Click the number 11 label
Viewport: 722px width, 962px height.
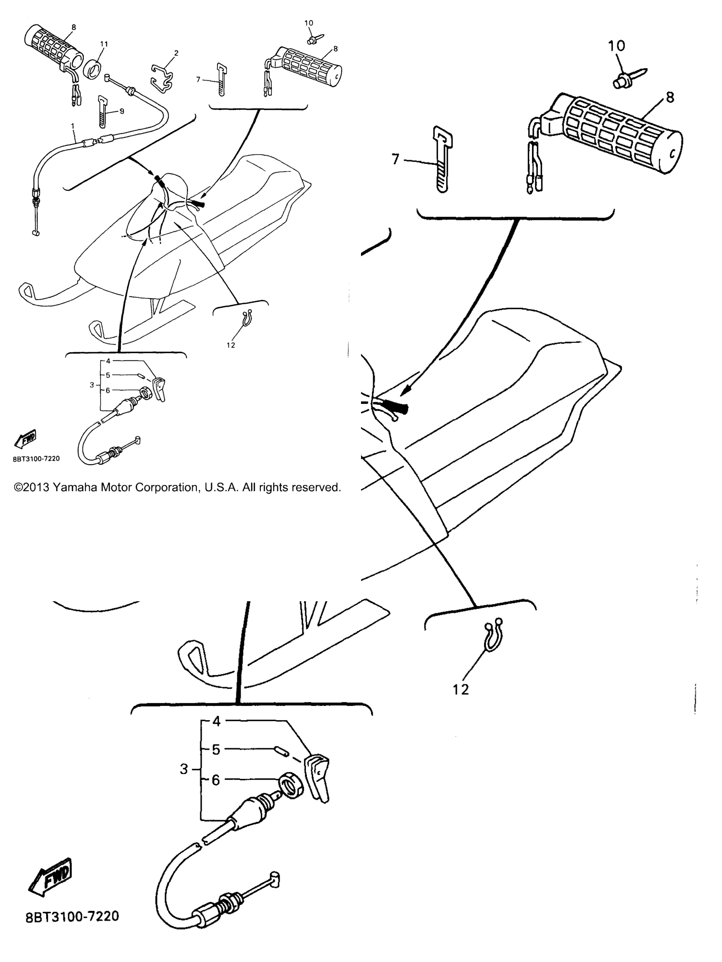104,44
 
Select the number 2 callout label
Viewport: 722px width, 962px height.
176,53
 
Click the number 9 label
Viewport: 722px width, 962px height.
122,111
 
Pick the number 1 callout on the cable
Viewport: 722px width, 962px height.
73,126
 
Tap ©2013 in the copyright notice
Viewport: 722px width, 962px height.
31,488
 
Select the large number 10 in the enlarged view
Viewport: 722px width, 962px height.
617,46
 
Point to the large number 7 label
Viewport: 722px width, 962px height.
396,160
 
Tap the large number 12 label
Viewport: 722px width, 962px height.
461,689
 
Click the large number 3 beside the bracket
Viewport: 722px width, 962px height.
184,769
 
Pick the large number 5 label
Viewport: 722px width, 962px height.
216,750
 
